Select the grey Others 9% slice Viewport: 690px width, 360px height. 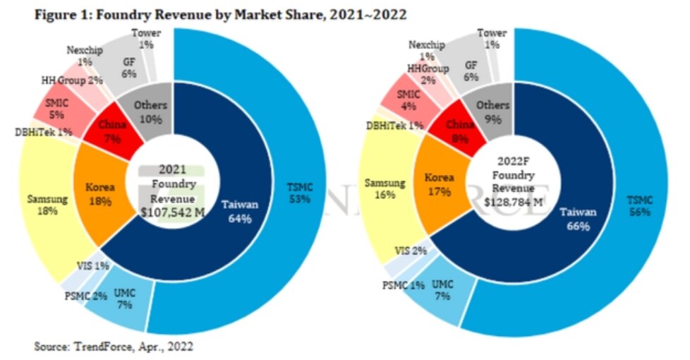point(492,112)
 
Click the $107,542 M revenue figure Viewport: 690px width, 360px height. point(173,212)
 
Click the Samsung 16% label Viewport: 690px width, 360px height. point(385,190)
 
